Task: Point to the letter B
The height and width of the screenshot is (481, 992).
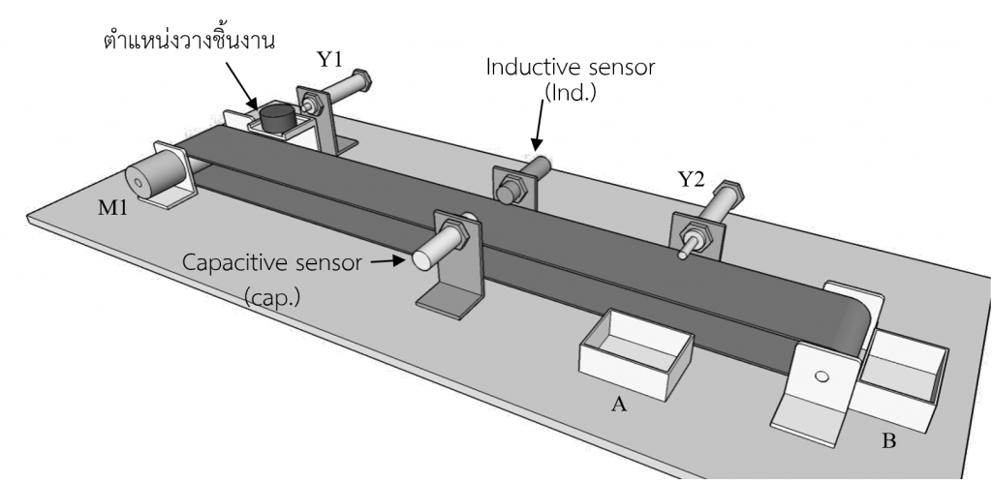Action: point(888,443)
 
